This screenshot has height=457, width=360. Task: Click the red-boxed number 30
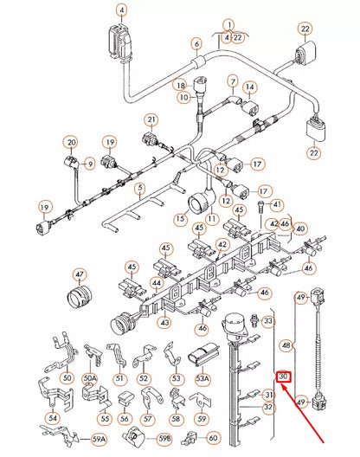pos(283,377)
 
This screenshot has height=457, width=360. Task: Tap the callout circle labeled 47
pos(80,275)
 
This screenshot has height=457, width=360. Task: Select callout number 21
pos(151,119)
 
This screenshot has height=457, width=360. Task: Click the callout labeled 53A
pos(202,378)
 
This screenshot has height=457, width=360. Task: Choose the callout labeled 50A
pos(90,378)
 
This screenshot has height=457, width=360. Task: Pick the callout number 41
pos(277,204)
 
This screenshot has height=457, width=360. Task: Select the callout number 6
pos(196,44)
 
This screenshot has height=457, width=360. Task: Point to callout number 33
pos(267,321)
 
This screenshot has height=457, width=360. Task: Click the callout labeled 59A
pos(99,440)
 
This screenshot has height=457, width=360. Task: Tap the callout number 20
pos(72,142)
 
